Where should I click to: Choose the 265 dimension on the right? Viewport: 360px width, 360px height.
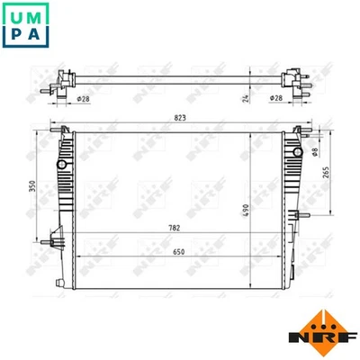(x=332, y=173)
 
